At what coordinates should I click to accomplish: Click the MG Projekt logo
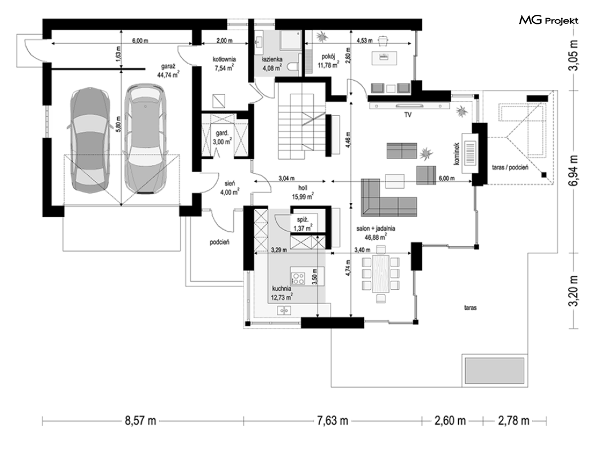[549, 20]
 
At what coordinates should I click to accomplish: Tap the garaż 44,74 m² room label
[168, 72]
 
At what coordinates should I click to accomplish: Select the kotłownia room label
[224, 59]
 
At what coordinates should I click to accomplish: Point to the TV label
[408, 114]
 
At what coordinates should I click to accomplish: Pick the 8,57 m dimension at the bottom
[140, 421]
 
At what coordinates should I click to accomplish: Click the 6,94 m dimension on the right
[573, 170]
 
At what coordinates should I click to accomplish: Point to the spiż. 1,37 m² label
[302, 224]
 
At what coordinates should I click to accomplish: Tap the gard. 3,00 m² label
[222, 138]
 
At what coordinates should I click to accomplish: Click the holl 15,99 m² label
[302, 193]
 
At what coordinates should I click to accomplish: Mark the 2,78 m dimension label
[513, 421]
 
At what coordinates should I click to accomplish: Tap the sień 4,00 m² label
[230, 188]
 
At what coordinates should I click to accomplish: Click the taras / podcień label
[510, 168]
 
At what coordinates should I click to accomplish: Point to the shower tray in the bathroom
[291, 40]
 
